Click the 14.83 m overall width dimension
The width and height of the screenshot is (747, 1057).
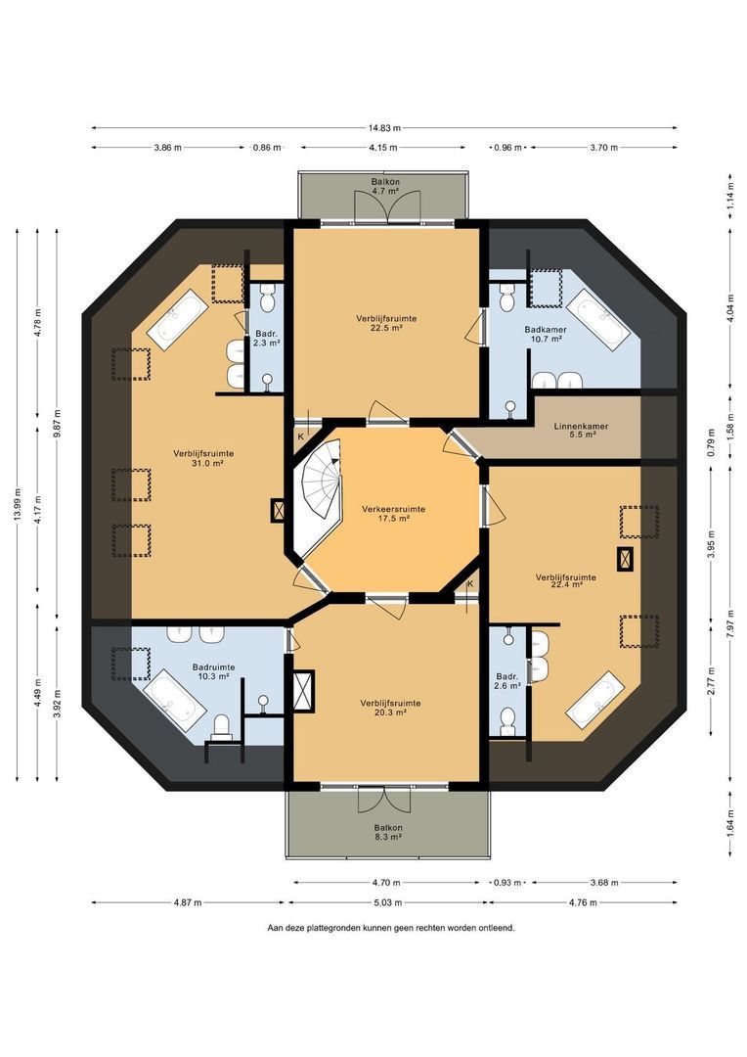click(384, 127)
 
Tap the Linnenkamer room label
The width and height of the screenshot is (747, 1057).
click(582, 427)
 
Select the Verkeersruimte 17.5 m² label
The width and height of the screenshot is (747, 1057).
click(393, 514)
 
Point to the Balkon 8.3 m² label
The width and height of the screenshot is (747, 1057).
click(389, 832)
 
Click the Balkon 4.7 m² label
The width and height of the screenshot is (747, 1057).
click(385, 186)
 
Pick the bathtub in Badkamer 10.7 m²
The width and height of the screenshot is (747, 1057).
click(598, 320)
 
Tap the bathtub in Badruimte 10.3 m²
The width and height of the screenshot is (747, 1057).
click(174, 701)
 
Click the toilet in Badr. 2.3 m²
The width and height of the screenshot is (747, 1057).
click(268, 298)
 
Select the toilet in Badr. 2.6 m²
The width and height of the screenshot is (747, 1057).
click(507, 720)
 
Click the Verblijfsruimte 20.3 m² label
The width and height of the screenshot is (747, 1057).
click(390, 708)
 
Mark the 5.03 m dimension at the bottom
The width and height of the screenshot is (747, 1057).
click(387, 902)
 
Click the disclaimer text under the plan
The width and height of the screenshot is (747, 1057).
click(391, 928)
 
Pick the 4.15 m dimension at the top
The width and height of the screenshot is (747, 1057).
click(382, 147)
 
